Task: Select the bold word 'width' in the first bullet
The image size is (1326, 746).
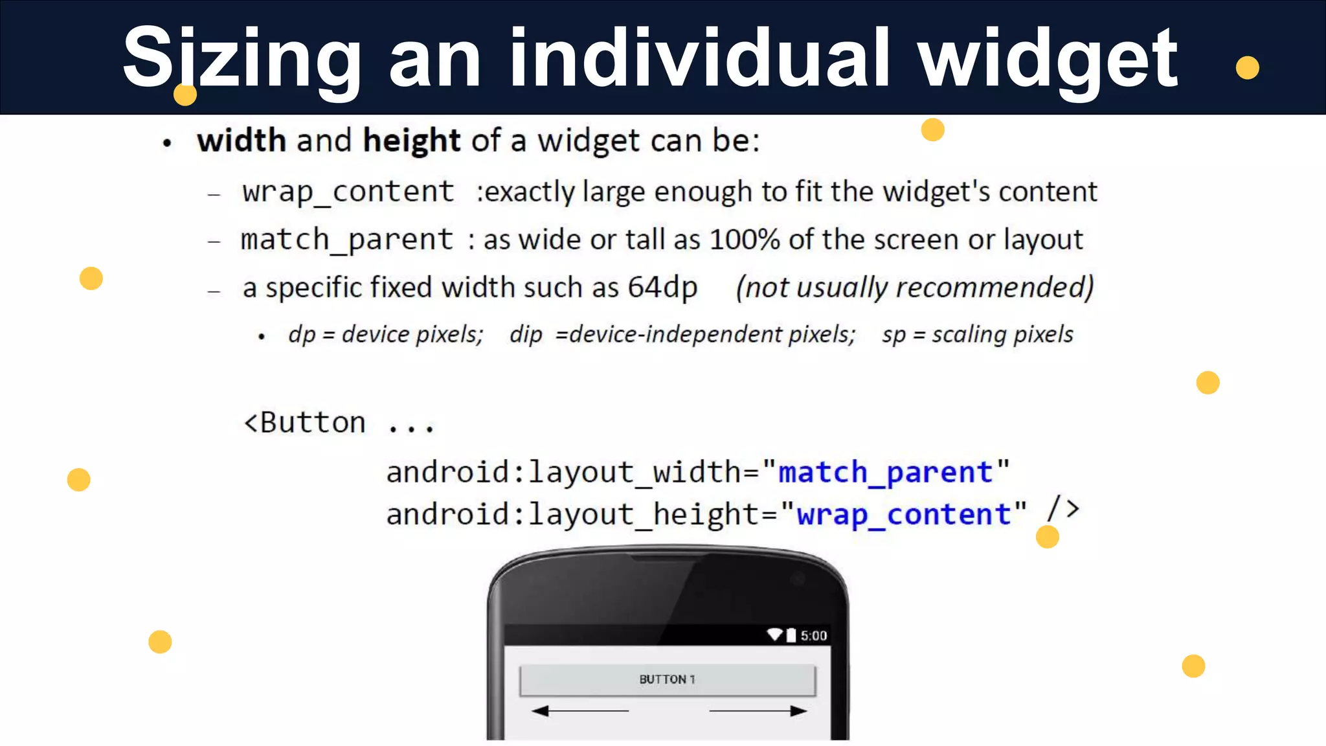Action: [x=242, y=141]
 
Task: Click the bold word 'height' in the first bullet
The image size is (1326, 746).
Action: [x=411, y=141]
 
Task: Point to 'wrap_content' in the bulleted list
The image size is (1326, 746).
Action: [x=348, y=192]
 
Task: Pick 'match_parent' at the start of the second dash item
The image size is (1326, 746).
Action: [x=347, y=240]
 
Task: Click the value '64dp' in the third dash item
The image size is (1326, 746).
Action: [x=662, y=287]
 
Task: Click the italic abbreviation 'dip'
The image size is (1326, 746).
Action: [x=526, y=335]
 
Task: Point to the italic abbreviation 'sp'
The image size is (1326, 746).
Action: [x=893, y=335]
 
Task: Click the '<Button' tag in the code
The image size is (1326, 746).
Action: [x=304, y=423]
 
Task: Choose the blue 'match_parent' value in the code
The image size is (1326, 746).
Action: [x=885, y=472]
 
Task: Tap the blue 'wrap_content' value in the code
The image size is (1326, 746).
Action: [x=903, y=515]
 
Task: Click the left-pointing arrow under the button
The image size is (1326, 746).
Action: [x=579, y=711]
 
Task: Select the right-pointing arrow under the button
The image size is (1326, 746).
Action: [x=758, y=711]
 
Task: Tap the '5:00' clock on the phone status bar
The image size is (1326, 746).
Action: [x=813, y=636]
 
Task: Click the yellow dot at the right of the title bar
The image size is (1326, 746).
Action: [x=1247, y=67]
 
